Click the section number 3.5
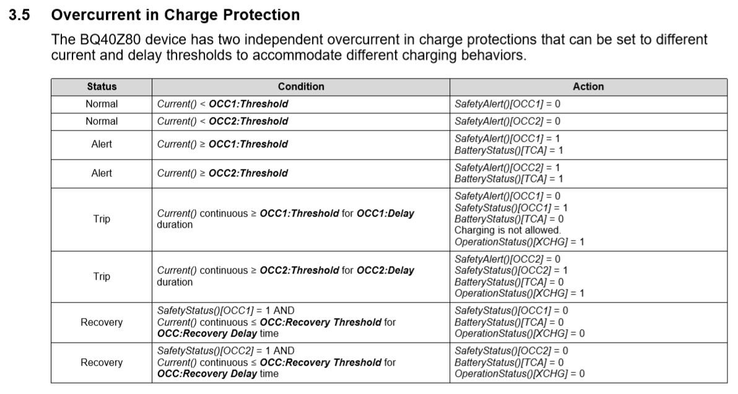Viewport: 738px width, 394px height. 19,15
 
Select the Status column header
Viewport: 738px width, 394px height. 102,87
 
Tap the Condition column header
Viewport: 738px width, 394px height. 301,87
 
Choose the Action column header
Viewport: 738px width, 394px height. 588,87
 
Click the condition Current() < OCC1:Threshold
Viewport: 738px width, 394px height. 222,104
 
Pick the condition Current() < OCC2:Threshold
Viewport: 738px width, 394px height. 222,121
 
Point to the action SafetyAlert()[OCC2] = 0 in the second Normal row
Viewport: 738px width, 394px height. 507,121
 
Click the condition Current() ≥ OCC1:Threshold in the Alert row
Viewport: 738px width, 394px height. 222,144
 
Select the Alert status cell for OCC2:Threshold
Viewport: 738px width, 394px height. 102,173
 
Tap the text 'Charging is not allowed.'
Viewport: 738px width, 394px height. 508,230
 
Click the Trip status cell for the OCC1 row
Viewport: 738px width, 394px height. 102,219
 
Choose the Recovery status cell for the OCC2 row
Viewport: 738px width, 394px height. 102,362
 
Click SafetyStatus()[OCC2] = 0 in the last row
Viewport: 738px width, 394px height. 511,351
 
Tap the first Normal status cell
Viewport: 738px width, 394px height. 102,104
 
